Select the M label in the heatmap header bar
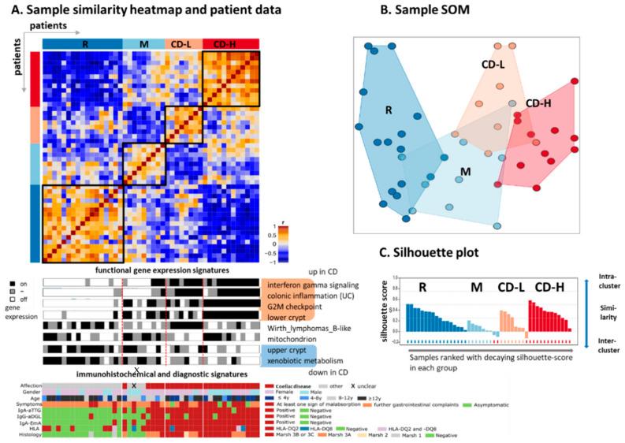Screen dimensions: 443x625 click(x=143, y=43)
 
